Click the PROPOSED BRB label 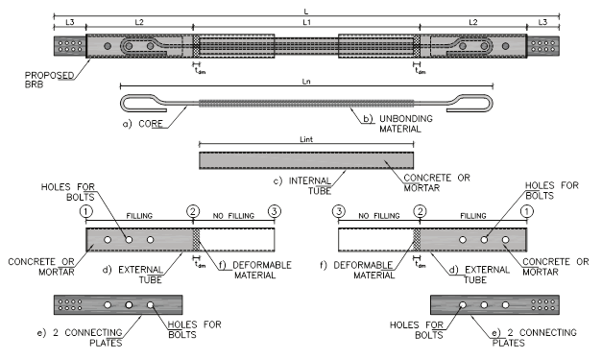(49, 80)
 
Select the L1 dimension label (306, 23)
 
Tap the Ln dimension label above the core (306, 82)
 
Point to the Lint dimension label (306, 139)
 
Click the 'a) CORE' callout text (143, 124)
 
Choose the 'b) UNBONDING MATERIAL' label (398, 124)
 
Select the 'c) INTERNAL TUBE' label (302, 185)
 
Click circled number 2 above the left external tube (193, 211)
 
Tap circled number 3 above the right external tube (339, 211)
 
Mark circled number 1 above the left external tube (86, 211)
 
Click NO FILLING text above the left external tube (233, 216)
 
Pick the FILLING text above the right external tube (473, 216)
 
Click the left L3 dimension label (70, 23)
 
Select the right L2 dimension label (473, 23)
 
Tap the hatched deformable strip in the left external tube (196, 240)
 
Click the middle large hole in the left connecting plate (129, 305)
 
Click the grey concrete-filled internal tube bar (306, 160)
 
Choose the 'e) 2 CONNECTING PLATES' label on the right (535, 337)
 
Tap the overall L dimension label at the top (306, 12)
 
